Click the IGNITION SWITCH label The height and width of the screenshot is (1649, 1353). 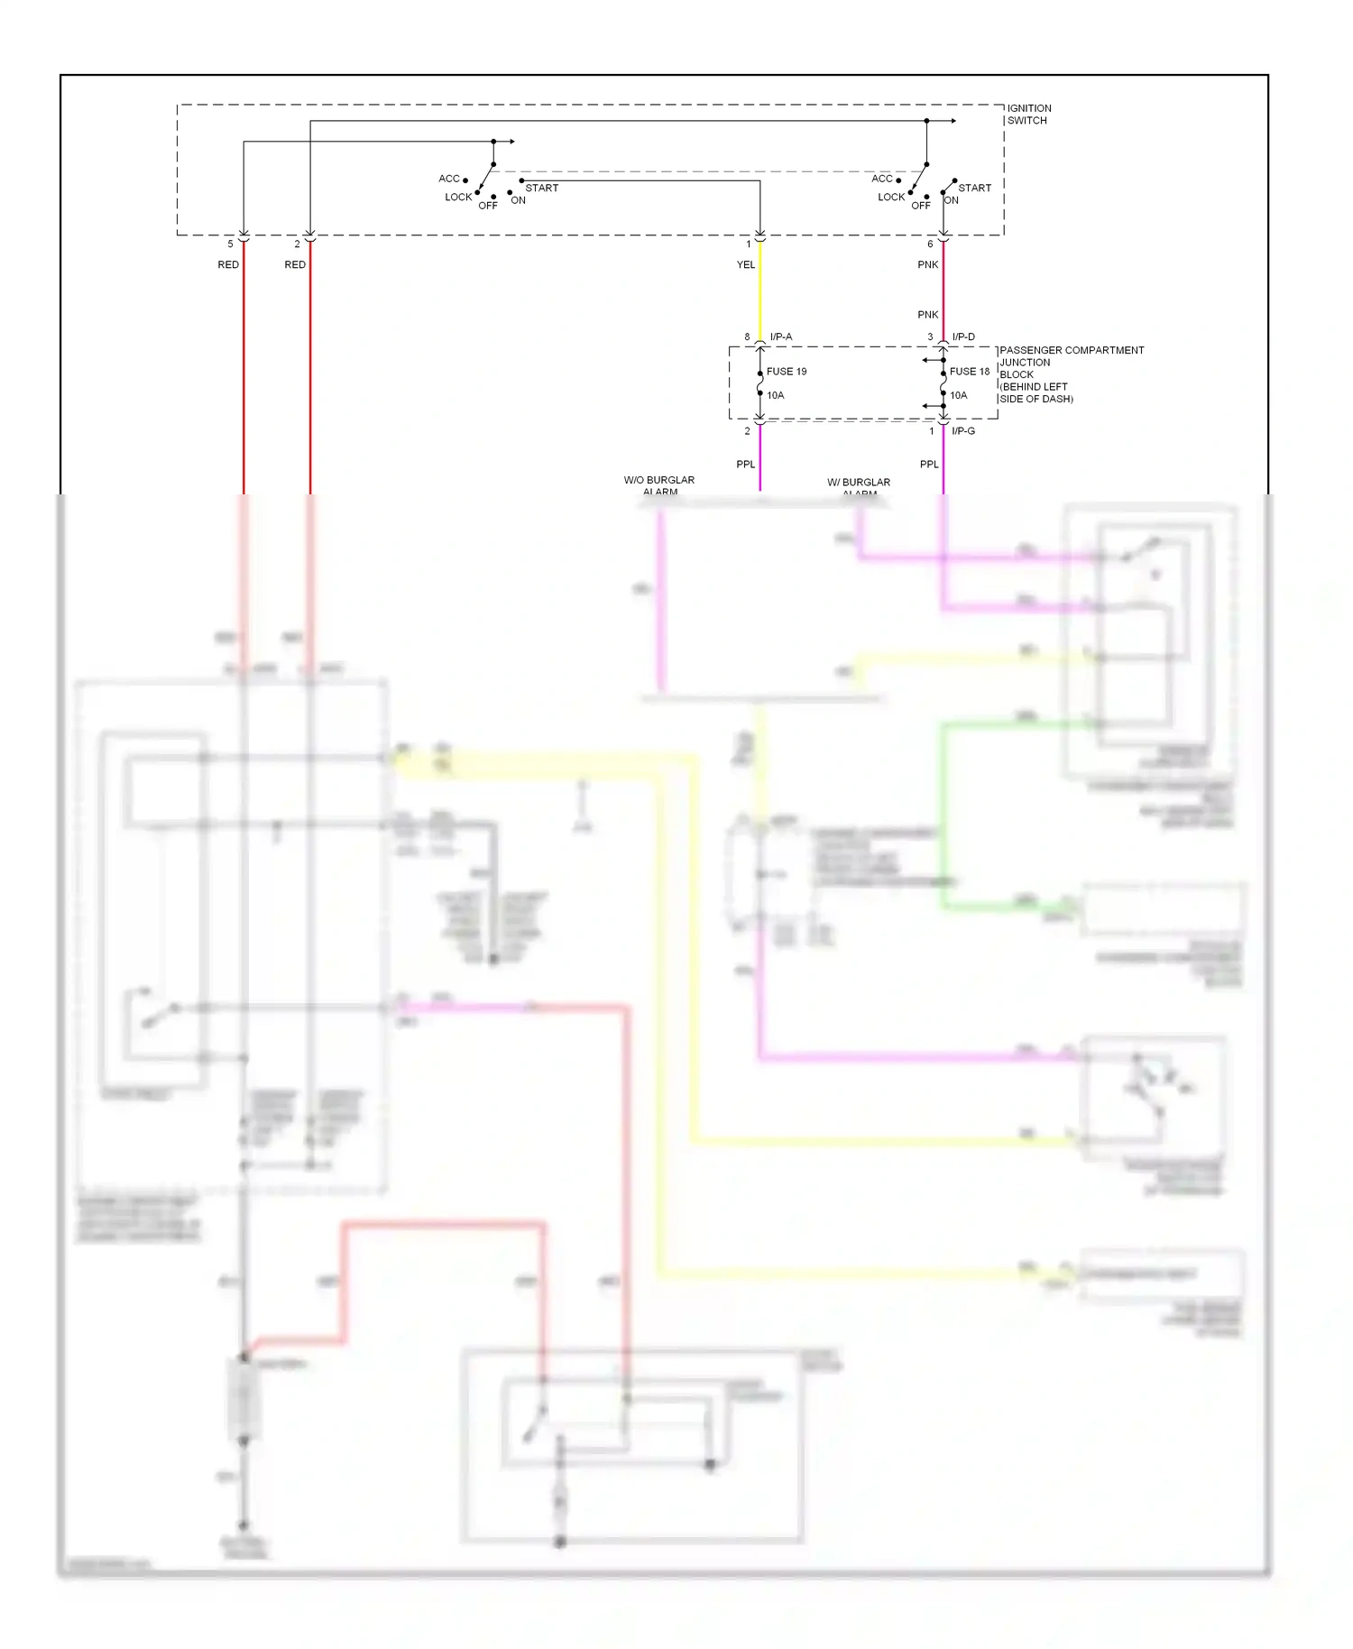[x=1028, y=114]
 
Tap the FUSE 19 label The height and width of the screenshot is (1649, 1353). [x=786, y=372]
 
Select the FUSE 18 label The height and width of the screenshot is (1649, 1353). [x=969, y=372]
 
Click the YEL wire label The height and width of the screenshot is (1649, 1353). [x=746, y=264]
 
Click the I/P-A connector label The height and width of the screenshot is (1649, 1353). [x=781, y=336]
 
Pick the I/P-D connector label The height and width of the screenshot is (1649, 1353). [x=963, y=336]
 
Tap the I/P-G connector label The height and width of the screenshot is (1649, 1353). [x=963, y=431]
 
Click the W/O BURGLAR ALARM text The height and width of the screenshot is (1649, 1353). [x=659, y=485]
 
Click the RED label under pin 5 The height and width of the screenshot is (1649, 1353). [x=228, y=264]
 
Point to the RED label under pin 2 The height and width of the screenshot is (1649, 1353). [x=295, y=264]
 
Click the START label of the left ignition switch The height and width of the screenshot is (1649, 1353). [x=541, y=188]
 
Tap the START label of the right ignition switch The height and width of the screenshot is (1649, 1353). [x=974, y=188]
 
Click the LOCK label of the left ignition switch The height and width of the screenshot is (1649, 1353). [x=458, y=197]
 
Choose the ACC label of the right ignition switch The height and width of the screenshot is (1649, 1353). [x=881, y=179]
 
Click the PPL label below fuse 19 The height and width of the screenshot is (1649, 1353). [x=746, y=465]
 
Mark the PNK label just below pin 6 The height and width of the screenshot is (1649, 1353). [x=928, y=264]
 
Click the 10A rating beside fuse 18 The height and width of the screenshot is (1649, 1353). [x=958, y=395]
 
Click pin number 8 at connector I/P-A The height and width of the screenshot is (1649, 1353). [x=747, y=336]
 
